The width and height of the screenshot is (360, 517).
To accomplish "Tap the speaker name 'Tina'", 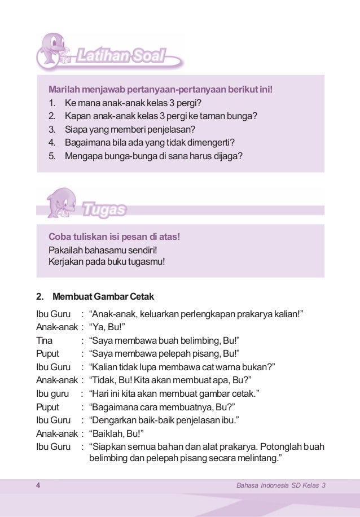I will coord(44,340).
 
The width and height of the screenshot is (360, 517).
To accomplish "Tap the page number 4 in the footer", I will coord(37,487).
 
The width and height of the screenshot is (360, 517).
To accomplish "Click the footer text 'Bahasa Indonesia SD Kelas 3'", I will coord(282,487).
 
